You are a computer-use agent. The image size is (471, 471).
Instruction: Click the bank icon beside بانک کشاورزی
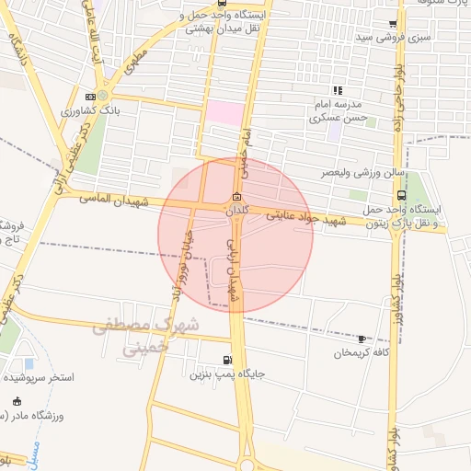tap(89, 97)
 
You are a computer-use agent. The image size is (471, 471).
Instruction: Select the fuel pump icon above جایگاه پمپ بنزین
tap(227, 360)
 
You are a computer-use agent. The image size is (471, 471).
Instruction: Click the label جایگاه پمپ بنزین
tap(227, 375)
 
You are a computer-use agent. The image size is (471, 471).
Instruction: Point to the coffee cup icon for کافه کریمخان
tap(362, 339)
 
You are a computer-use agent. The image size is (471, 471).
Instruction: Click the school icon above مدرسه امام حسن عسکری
tap(338, 90)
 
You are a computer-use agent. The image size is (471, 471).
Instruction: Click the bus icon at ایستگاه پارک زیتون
tap(401, 195)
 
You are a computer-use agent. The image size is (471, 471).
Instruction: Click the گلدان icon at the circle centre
tap(236, 196)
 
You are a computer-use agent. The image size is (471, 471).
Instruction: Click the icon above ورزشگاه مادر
tap(17, 401)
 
